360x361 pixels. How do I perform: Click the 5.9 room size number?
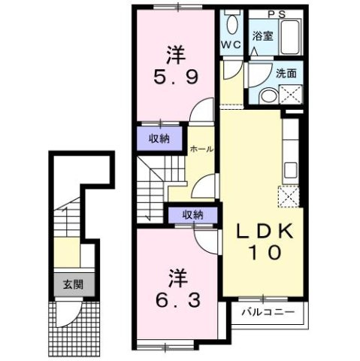(x=175, y=77)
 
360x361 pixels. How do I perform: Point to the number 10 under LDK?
(x=262, y=253)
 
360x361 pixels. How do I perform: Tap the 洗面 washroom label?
(x=286, y=74)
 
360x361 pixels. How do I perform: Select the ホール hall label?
(x=201, y=149)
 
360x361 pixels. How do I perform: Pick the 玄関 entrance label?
(x=73, y=284)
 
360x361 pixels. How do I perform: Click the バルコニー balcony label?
(x=268, y=311)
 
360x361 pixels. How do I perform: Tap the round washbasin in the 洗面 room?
(x=267, y=95)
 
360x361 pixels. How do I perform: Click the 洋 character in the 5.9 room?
(x=175, y=54)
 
